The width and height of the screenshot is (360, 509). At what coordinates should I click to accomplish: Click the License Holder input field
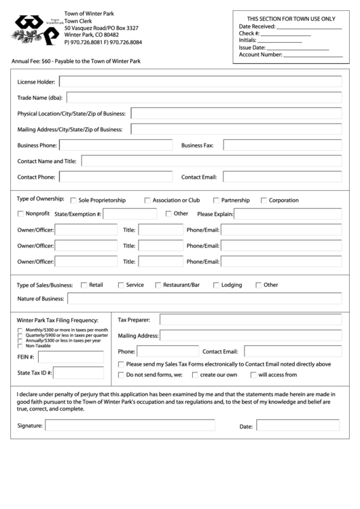200,82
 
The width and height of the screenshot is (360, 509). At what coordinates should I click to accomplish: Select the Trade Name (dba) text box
204,97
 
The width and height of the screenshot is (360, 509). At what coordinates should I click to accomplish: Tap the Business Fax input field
283,145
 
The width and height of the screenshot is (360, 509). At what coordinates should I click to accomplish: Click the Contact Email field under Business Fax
283,177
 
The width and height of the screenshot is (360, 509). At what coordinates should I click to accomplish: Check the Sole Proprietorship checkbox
73,200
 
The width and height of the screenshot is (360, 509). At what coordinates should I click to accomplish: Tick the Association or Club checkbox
147,200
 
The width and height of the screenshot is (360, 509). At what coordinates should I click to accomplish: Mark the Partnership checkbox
216,200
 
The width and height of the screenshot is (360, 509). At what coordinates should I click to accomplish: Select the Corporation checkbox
264,200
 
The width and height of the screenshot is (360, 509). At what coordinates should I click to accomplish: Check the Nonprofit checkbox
20,213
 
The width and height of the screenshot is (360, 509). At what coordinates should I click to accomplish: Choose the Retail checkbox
84,285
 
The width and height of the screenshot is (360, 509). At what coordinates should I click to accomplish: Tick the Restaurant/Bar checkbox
158,285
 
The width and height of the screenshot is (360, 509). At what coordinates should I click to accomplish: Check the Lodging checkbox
216,285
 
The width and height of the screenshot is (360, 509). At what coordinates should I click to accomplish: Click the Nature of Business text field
204,298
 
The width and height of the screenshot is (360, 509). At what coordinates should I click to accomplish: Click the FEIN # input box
71,357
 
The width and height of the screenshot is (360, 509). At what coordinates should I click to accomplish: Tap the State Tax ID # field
79,372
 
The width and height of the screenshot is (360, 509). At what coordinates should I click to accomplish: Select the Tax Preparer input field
251,319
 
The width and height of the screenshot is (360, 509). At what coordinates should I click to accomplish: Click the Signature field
129,425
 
